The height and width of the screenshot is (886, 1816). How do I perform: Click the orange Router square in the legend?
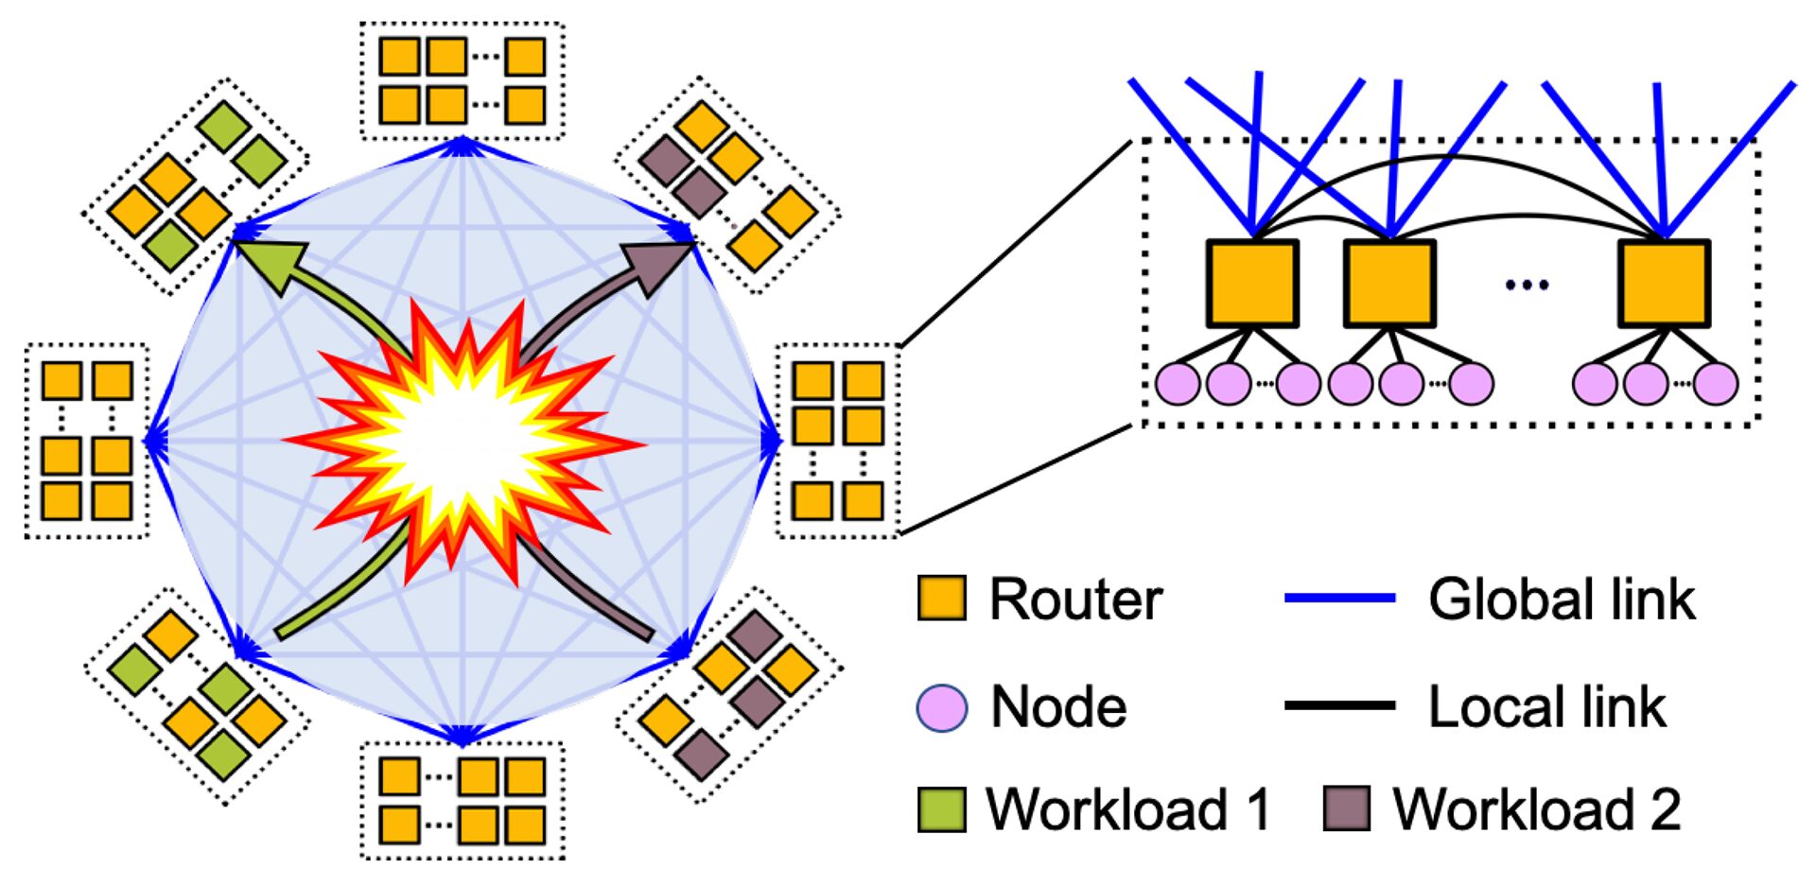pyautogui.click(x=941, y=599)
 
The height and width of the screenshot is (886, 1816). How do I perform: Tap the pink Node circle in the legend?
pyautogui.click(x=942, y=707)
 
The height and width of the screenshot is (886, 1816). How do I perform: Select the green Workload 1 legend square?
pyautogui.click(x=941, y=809)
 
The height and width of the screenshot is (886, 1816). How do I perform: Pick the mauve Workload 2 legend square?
pyautogui.click(x=1346, y=809)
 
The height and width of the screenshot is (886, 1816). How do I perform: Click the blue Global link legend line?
pyautogui.click(x=1339, y=599)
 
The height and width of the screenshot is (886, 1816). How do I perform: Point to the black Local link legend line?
pyautogui.click(x=1339, y=705)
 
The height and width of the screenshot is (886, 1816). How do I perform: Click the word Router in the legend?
pyautogui.click(x=1075, y=599)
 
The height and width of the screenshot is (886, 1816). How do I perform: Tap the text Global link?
pyautogui.click(x=1561, y=599)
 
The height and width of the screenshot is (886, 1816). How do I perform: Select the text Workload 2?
pyautogui.click(x=1536, y=809)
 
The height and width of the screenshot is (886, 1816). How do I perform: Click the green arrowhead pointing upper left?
pyautogui.click(x=273, y=262)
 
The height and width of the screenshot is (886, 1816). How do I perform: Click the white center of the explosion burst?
pyautogui.click(x=463, y=440)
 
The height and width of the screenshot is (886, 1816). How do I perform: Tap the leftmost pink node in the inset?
pyautogui.click(x=1178, y=384)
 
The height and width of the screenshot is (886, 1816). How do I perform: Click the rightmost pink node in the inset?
pyautogui.click(x=1716, y=384)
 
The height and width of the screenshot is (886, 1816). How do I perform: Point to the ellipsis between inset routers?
pyautogui.click(x=1527, y=284)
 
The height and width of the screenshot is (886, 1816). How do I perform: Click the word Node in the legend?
pyautogui.click(x=1058, y=707)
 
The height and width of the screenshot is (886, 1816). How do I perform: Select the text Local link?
pyautogui.click(x=1546, y=707)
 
